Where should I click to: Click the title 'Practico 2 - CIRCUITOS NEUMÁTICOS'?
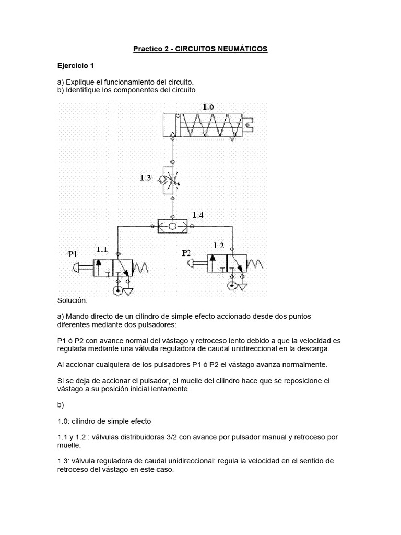(200, 49)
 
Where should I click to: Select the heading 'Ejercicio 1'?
(75, 66)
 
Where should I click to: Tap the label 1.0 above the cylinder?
(208, 107)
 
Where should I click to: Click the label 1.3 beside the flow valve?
(145, 178)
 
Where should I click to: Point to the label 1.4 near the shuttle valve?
(198, 215)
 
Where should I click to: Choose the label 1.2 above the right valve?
(218, 245)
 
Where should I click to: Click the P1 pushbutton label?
(73, 254)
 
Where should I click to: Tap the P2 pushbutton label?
(187, 253)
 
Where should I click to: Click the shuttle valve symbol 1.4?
(173, 226)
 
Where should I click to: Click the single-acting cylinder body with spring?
(203, 125)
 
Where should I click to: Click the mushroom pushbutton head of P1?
(77, 268)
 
